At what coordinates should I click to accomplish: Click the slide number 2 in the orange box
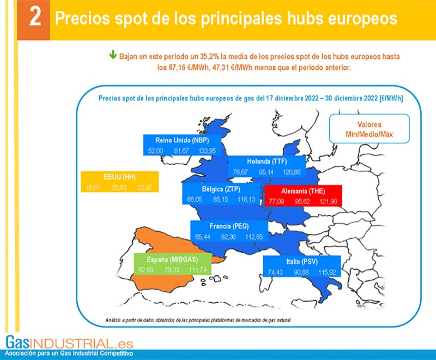coord(34,18)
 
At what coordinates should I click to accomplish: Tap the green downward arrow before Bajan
coord(113,55)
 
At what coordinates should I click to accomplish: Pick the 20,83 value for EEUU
coord(119,188)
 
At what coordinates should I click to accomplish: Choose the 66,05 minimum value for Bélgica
coord(195,200)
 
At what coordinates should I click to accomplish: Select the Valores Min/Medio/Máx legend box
coord(370,129)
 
